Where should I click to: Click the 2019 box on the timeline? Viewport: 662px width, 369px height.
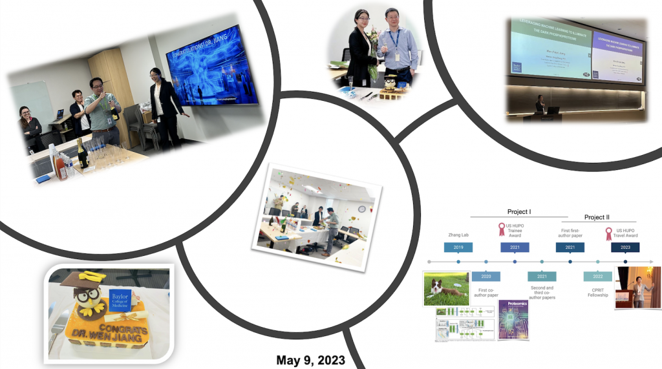click(458, 247)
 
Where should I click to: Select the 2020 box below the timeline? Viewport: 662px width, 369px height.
click(486, 276)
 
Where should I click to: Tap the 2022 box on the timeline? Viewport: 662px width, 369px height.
click(597, 276)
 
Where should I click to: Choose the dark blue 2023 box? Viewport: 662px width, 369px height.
click(625, 247)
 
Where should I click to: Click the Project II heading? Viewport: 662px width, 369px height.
click(597, 217)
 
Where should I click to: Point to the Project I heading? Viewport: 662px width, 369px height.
click(519, 211)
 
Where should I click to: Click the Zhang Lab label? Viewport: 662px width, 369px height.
click(458, 235)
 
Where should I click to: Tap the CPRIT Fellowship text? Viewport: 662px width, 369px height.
click(597, 291)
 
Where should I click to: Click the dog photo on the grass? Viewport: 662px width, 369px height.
click(445, 289)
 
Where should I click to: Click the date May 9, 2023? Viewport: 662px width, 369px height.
click(310, 360)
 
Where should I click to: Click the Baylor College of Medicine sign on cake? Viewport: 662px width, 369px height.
click(121, 298)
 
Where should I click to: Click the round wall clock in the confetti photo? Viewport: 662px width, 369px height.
click(361, 209)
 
